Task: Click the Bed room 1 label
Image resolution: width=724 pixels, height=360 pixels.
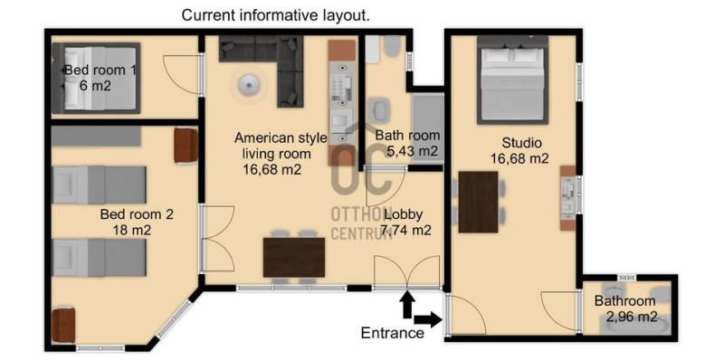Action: click(100, 71)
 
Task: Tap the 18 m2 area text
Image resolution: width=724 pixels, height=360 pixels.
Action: click(131, 230)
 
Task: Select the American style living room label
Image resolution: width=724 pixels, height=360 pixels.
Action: click(281, 146)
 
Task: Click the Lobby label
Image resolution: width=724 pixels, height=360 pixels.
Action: click(403, 214)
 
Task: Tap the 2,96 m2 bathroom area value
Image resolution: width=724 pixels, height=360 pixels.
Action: click(631, 317)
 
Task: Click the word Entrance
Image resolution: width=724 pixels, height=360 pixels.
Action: click(393, 332)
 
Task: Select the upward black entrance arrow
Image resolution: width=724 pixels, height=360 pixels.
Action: click(407, 305)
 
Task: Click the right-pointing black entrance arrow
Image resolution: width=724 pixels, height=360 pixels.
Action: click(428, 319)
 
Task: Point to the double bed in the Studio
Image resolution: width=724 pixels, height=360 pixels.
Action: click(512, 80)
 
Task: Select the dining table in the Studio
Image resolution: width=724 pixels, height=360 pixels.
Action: click(479, 202)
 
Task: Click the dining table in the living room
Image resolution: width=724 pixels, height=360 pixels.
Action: click(294, 257)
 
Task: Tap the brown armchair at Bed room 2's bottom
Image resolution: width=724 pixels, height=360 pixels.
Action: click(63, 325)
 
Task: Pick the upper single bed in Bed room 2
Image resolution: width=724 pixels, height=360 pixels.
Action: click(100, 185)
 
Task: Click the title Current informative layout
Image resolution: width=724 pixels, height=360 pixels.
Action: click(276, 15)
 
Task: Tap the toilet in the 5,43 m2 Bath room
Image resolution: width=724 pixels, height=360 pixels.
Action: click(392, 46)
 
